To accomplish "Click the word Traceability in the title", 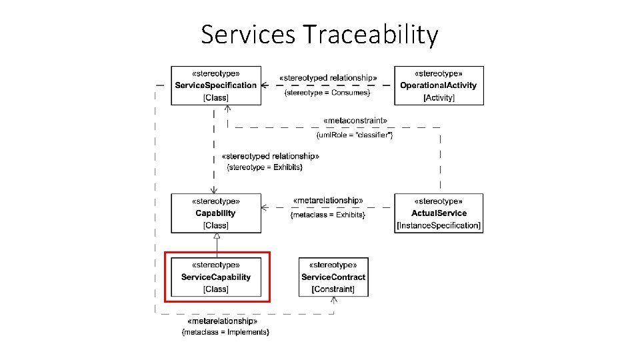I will click(371, 34).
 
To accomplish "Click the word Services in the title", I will click(248, 34).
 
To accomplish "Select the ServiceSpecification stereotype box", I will click(215, 85).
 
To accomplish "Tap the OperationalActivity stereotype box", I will click(439, 85).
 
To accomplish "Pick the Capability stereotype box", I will click(215, 213).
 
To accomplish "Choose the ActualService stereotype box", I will click(439, 213).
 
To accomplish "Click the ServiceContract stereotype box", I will click(333, 277).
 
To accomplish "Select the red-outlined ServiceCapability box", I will click(217, 277).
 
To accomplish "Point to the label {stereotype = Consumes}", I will click(327, 93).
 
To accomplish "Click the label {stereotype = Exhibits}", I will click(265, 167).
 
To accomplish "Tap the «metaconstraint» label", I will click(354, 121).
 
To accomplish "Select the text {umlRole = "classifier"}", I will click(354, 135).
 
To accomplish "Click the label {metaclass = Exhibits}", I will click(327, 215).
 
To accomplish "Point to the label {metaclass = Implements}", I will click(225, 331).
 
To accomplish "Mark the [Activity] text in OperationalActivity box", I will click(439, 98).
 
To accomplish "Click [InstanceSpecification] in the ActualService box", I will click(439, 225).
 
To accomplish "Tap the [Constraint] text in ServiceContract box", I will click(333, 289).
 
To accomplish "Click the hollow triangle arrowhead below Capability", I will click(217, 237).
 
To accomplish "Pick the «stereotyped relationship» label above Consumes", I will click(327, 77).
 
